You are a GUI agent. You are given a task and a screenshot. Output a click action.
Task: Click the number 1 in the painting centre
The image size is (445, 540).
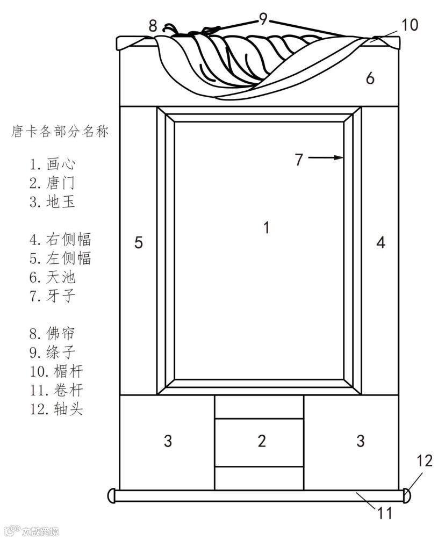[266, 228]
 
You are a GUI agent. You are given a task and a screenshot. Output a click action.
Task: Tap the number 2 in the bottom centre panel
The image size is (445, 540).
[262, 442]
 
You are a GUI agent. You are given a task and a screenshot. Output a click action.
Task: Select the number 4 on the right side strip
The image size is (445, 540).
[381, 243]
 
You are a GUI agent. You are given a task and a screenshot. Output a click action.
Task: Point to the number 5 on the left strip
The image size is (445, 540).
[139, 243]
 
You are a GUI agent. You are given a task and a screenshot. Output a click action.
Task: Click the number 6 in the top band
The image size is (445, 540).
[370, 78]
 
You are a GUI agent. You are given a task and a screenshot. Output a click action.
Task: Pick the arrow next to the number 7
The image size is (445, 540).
[327, 157]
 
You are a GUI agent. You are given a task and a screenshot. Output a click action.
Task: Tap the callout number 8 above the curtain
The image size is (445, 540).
[153, 25]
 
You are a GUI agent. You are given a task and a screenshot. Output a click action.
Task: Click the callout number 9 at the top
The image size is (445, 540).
[263, 19]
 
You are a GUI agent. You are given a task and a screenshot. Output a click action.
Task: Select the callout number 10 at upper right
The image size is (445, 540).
[410, 25]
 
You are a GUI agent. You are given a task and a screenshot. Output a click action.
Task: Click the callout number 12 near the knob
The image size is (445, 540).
[425, 460]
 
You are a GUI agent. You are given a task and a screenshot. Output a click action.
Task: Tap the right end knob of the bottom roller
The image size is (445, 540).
[408, 495]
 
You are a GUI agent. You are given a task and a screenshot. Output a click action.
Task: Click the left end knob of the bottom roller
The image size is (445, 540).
[112, 495]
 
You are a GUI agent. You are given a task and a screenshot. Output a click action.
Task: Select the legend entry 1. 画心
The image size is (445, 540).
[52, 163]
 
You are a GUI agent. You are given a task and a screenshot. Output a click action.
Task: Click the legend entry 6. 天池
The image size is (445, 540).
[52, 277]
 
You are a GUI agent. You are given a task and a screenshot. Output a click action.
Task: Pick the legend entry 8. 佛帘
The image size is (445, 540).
[52, 333]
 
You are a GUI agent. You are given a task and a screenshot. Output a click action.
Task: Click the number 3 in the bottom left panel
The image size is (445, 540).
[168, 442]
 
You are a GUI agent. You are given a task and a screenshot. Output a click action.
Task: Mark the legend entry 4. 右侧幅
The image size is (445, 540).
[60, 239]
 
